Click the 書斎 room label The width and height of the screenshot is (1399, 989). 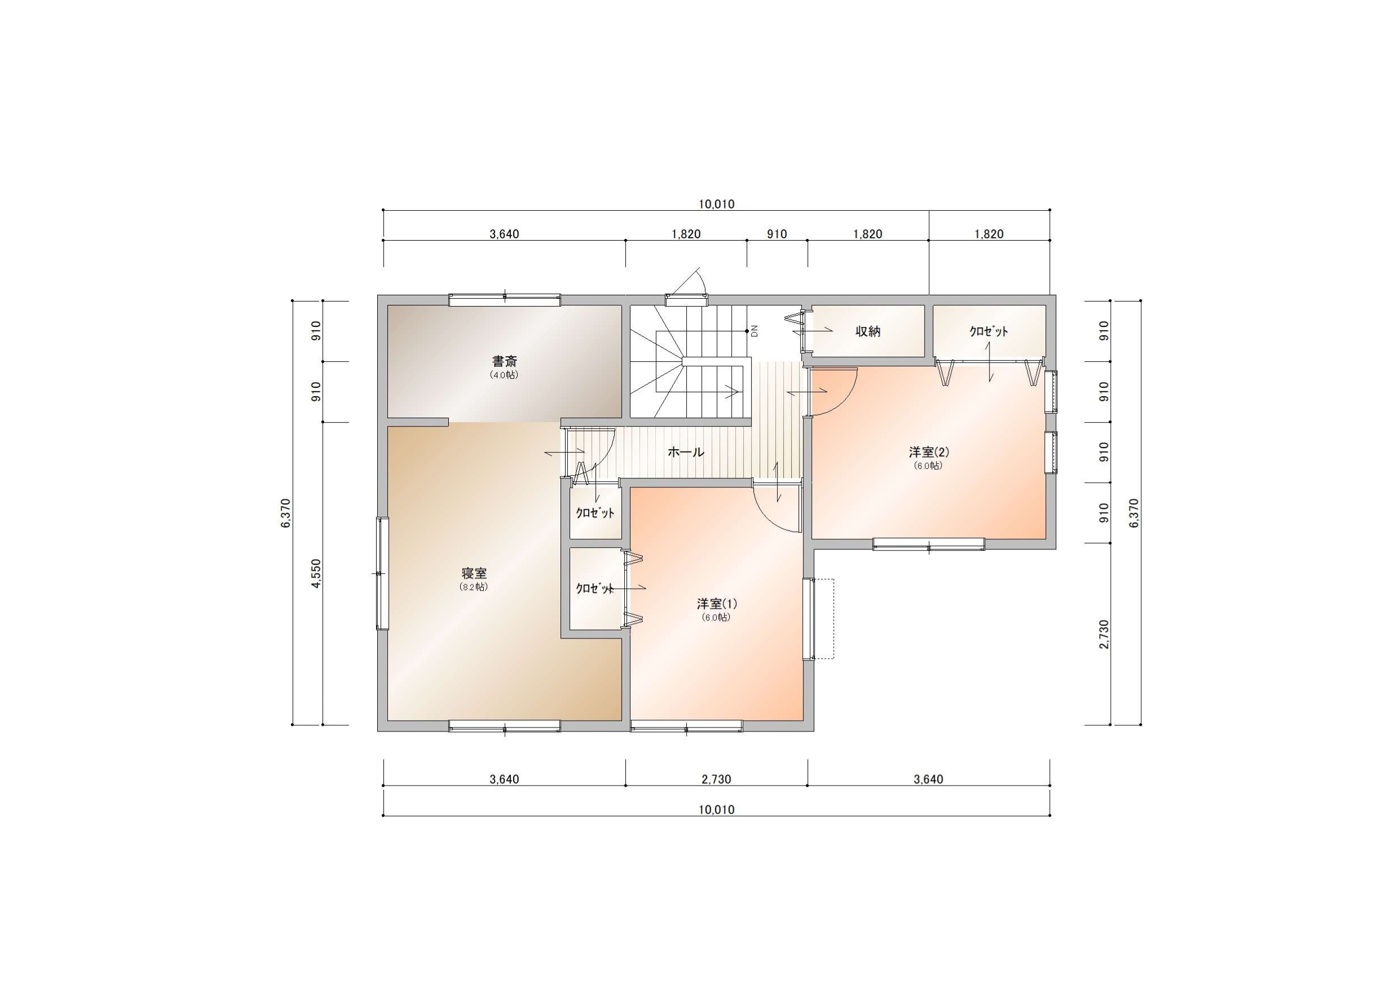[x=505, y=361]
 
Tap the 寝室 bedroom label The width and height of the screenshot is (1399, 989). [x=474, y=573]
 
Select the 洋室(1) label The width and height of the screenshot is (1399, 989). [x=717, y=604]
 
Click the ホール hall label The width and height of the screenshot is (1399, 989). [x=686, y=452]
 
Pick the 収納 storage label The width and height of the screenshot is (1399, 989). [x=868, y=331]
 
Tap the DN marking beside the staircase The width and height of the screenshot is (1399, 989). [x=754, y=331]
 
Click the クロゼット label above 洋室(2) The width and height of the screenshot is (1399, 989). [x=989, y=331]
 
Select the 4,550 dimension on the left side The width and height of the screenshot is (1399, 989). [x=315, y=573]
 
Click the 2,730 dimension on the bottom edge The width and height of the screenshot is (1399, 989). [x=717, y=779]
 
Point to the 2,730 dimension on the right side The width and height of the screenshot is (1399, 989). [x=1104, y=634]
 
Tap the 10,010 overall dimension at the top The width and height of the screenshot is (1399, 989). [x=717, y=204]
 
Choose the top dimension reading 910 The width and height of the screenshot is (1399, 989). [x=777, y=234]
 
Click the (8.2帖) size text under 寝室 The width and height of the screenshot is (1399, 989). [x=474, y=587]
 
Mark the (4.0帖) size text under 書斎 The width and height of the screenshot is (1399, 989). [x=505, y=375]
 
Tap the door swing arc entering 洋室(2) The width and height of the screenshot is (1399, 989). [x=844, y=399]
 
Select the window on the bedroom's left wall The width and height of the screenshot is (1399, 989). [x=382, y=573]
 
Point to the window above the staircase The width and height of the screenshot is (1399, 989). [x=687, y=300]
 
